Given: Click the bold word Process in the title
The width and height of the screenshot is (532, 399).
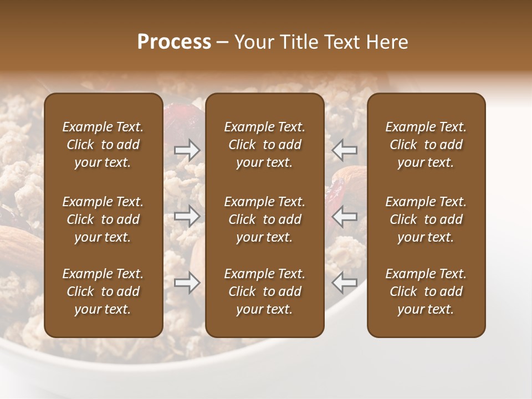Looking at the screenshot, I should [174, 42].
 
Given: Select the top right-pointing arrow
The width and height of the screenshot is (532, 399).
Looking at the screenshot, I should [187, 150].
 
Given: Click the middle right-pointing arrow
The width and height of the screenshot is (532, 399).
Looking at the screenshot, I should [187, 216].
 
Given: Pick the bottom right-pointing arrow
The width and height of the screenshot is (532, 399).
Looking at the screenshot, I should [187, 283].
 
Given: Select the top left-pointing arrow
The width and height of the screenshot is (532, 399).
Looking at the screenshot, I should [345, 150].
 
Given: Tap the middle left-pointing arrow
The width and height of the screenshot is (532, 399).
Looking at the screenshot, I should [345, 216].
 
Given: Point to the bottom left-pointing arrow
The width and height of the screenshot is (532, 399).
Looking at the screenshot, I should [345, 283].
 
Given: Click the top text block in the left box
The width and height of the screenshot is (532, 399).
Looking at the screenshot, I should [103, 145].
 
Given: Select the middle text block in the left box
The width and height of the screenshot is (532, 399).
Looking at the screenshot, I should [103, 219].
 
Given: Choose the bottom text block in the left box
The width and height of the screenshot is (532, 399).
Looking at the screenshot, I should [103, 291].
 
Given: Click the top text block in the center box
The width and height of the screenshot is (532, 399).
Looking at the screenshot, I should [264, 145].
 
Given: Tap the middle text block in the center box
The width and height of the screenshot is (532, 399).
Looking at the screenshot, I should [264, 219].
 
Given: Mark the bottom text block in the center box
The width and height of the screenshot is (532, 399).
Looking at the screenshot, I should [264, 291].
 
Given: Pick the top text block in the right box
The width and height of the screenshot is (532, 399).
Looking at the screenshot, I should [426, 145].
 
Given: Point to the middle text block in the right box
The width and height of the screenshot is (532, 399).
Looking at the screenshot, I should [426, 219].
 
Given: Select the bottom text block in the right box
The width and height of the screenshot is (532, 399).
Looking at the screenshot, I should [426, 291].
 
